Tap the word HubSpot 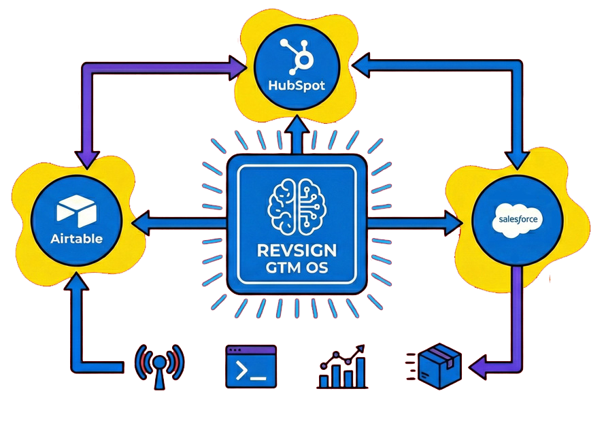tap(297, 87)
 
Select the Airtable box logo tap(75, 212)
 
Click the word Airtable tap(76, 239)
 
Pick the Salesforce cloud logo tap(518, 220)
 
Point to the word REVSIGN tap(297, 250)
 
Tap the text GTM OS tap(297, 268)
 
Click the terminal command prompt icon tap(251, 367)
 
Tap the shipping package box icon tap(437, 366)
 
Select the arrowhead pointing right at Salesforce tap(452, 221)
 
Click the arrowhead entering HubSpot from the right tap(360, 65)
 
